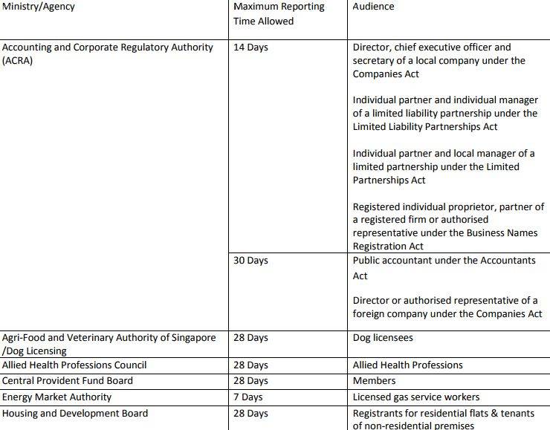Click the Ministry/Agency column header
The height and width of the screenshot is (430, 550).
pos(39,7)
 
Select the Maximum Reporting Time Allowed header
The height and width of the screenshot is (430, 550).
pos(279,13)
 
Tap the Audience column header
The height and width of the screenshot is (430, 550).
pos(373,7)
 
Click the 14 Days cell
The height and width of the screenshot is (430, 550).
pos(250,48)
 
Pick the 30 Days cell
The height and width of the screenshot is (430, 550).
pos(250,261)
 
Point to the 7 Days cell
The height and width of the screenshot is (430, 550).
pos(247,397)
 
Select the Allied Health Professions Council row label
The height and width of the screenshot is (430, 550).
pos(74,365)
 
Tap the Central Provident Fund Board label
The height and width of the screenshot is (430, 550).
pos(68,381)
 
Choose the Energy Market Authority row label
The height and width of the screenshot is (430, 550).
pos(57,397)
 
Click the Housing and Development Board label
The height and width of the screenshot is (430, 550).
pos(75,414)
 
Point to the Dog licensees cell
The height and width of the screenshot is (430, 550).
pos(383,338)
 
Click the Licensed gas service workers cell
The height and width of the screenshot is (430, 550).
pos(416,397)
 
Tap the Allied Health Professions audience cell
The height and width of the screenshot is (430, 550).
pos(407,365)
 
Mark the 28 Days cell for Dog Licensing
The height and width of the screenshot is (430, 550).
pos(250,338)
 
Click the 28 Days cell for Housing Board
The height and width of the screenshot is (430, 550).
pos(250,414)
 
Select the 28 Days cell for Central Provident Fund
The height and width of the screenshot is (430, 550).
pos(250,381)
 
